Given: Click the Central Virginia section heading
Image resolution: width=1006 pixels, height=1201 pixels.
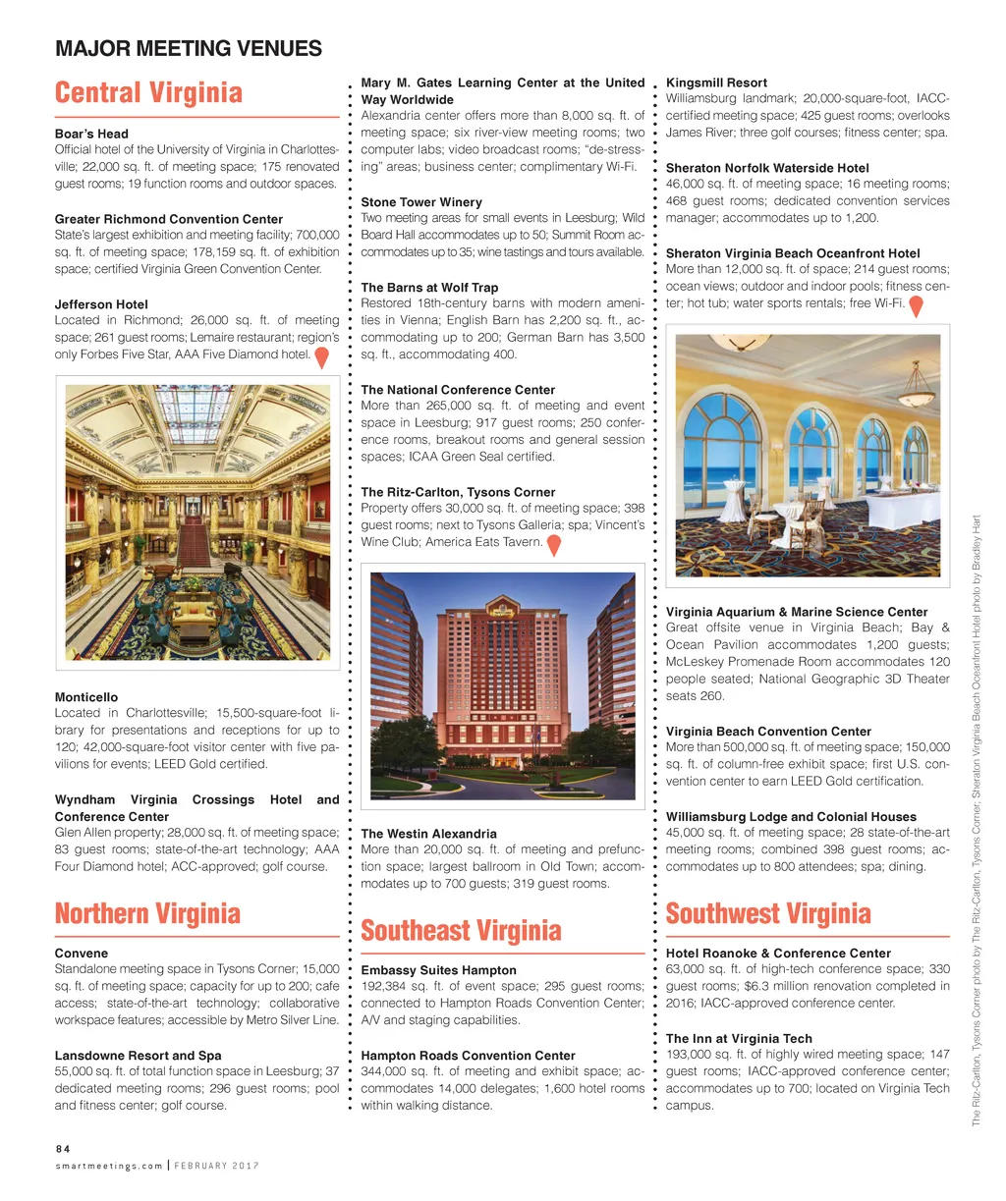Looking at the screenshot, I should click(x=148, y=93).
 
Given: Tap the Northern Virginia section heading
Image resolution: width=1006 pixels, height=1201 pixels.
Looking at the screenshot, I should click(x=147, y=914).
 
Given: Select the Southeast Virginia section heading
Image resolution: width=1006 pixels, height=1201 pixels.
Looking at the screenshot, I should click(x=461, y=931).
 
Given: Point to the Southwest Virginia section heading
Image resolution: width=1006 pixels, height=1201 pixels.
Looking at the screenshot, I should click(x=768, y=914).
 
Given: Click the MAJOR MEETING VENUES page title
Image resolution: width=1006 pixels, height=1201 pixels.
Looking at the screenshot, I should click(x=189, y=48).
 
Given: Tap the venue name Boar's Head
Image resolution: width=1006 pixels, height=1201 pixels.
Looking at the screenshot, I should click(x=91, y=134).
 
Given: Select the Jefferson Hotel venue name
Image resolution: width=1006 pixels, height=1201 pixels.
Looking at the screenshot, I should click(x=102, y=304).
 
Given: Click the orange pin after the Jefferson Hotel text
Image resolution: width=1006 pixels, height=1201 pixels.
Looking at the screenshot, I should click(x=321, y=357).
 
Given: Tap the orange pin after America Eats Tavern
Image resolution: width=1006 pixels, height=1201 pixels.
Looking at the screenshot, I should click(x=554, y=545).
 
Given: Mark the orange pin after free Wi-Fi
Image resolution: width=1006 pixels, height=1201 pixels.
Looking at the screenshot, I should click(x=916, y=306).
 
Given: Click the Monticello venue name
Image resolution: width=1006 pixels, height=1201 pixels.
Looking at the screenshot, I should click(x=86, y=697).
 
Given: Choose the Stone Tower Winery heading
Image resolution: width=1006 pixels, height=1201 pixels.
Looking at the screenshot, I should click(x=421, y=202).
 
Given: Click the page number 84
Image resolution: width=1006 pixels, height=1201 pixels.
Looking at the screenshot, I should click(x=62, y=1148).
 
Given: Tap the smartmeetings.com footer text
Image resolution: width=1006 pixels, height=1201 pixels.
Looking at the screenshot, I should click(x=108, y=1166).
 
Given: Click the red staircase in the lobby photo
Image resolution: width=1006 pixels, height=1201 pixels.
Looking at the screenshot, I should click(x=195, y=546).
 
